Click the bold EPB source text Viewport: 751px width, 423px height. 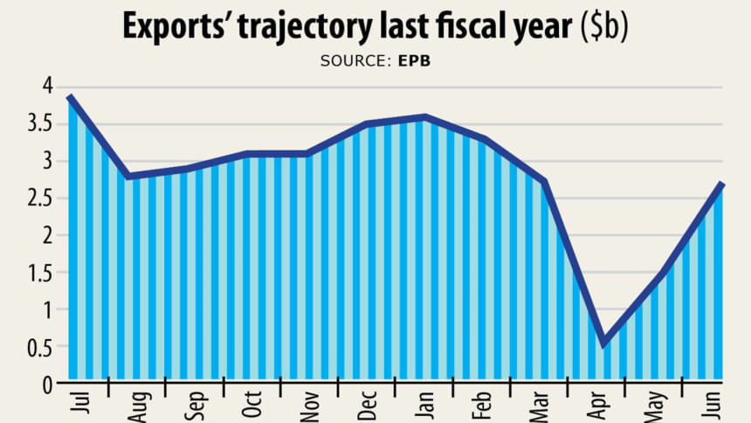pos(414,61)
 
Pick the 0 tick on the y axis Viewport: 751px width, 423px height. pos(49,383)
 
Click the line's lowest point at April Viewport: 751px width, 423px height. pos(603,344)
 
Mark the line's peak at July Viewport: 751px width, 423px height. pos(69,97)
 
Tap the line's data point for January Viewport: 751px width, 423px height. pos(424,117)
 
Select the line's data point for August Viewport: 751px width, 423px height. pos(129,177)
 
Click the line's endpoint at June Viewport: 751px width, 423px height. pos(721,184)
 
